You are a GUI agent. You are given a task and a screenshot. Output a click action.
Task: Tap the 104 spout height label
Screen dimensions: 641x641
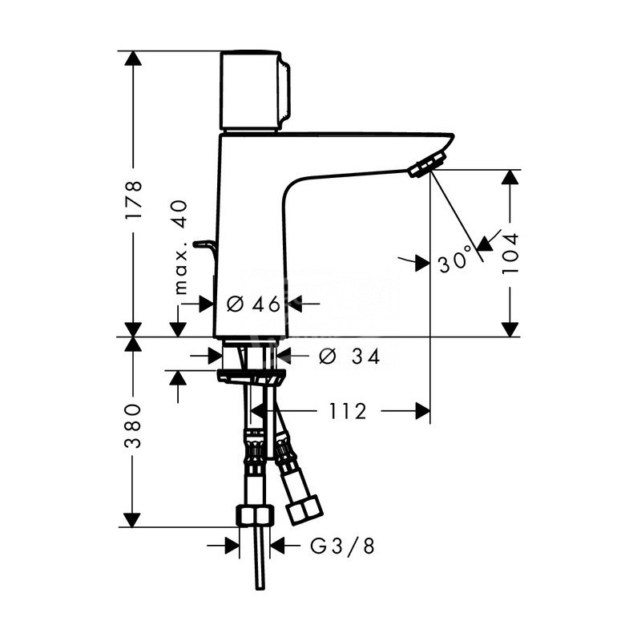pyautogui.click(x=510, y=253)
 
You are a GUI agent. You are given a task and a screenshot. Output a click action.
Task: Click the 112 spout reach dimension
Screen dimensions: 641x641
pyautogui.click(x=348, y=411)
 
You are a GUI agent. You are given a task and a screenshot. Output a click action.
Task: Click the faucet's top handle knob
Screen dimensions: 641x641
pyautogui.click(x=252, y=91)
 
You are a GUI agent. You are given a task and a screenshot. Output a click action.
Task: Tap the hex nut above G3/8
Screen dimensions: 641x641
pyautogui.click(x=256, y=516)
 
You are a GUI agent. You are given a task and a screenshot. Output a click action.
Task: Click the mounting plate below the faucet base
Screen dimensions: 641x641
pyautogui.click(x=250, y=377)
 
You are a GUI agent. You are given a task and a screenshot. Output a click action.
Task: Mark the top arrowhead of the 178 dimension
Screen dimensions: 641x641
pyautogui.click(x=134, y=59)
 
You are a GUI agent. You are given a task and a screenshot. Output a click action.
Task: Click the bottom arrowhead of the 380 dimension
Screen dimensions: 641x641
pyautogui.click(x=134, y=519)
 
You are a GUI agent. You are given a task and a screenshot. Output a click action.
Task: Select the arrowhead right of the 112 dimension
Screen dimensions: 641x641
pyautogui.click(x=421, y=411)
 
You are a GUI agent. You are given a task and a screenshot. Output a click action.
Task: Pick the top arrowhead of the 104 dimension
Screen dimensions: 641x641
pyautogui.click(x=510, y=178)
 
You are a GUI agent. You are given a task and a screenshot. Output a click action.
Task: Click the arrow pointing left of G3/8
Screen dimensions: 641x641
pyautogui.click(x=278, y=546)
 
